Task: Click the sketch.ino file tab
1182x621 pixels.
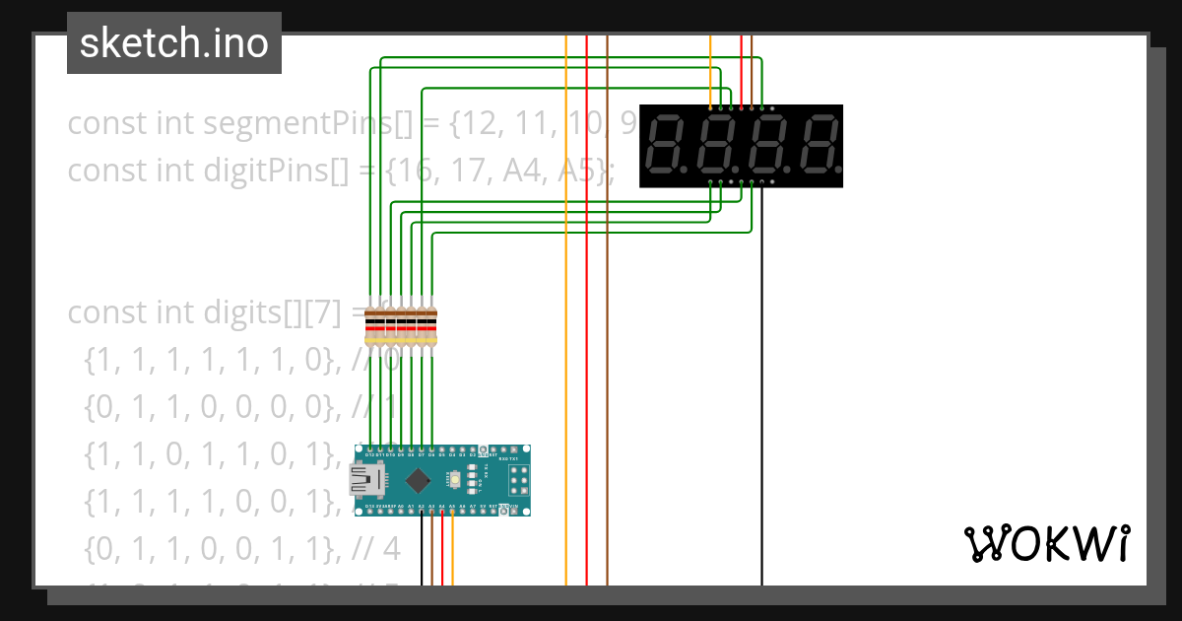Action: (x=173, y=43)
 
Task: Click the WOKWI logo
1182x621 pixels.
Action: (x=1045, y=543)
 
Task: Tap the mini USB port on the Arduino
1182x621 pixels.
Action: (x=365, y=480)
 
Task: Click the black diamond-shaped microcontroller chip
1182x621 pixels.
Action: (x=419, y=480)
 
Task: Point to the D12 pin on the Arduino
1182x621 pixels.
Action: (x=369, y=449)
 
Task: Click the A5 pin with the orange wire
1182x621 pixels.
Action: (x=452, y=511)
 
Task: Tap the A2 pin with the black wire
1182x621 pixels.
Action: (x=422, y=511)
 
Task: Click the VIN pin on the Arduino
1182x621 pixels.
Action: (x=514, y=511)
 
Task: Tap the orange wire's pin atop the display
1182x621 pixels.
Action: (x=710, y=106)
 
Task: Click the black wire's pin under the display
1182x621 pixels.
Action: (x=761, y=182)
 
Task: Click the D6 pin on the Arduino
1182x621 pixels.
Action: (x=431, y=449)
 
